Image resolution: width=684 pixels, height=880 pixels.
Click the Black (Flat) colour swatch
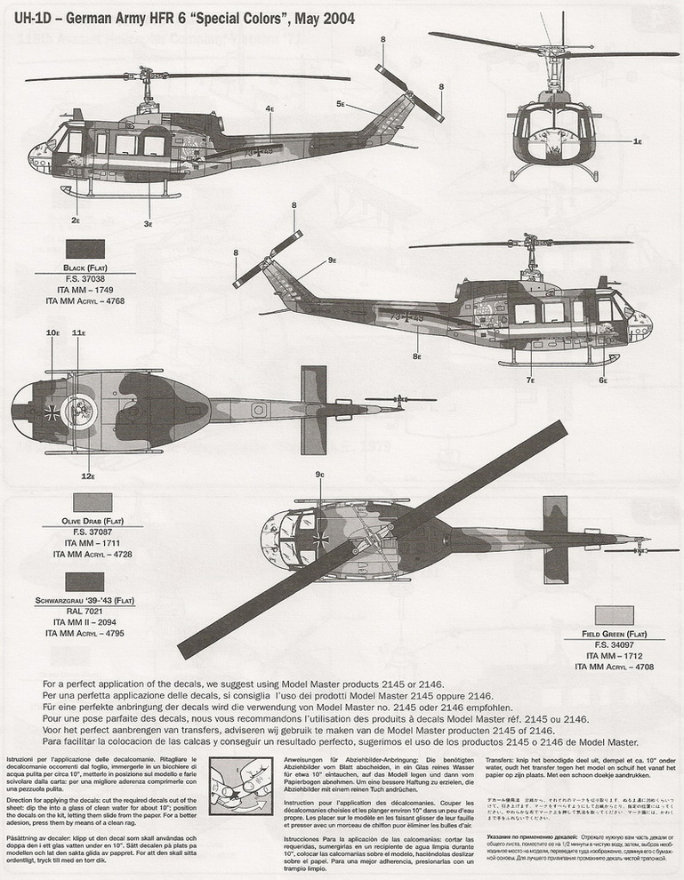pyautogui.click(x=85, y=251)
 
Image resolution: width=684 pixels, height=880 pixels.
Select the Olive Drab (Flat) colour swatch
pyautogui.click(x=86, y=502)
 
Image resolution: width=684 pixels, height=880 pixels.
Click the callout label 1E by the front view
pyautogui.click(x=638, y=141)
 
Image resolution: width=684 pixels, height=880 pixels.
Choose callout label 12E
pyautogui.click(x=52, y=332)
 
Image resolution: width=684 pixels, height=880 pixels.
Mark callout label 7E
pyautogui.click(x=87, y=476)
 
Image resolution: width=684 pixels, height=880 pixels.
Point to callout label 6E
pyautogui.click(x=603, y=380)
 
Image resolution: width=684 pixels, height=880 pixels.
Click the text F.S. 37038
pyautogui.click(x=85, y=279)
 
